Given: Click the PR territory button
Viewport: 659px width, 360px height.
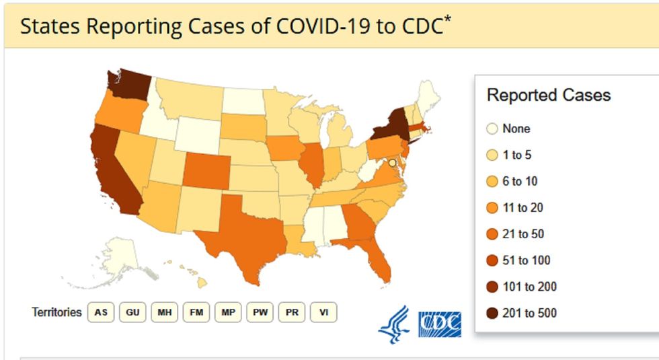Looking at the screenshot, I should (292, 313).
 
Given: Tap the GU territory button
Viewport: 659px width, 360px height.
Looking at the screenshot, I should (132, 313).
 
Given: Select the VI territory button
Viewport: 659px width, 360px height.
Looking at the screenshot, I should (323, 313).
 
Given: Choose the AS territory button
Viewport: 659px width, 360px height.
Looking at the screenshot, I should (101, 313).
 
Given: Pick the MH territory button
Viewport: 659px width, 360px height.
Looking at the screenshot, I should (164, 313).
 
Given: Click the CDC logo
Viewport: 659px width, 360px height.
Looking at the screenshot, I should (440, 324).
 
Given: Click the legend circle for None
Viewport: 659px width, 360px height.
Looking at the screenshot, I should (492, 129).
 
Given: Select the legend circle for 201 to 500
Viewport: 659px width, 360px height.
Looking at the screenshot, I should (492, 313).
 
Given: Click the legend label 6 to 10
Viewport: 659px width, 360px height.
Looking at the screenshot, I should (520, 182).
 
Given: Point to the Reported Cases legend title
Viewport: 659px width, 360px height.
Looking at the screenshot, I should (548, 96).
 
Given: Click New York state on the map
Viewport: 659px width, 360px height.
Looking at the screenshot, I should (389, 124).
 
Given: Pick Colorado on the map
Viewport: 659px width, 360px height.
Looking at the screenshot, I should (204, 168).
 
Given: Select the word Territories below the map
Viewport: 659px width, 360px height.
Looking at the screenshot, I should (56, 313).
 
